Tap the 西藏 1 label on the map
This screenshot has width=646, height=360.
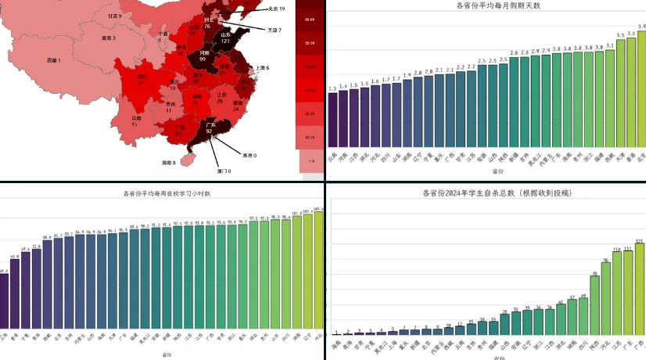[x=53, y=60]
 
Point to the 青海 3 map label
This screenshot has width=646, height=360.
[x=109, y=38]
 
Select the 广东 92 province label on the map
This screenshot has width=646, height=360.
[x=210, y=128]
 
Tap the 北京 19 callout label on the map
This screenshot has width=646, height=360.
[x=276, y=9]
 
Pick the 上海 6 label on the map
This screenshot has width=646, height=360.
[x=259, y=68]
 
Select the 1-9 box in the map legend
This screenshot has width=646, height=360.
[x=311, y=160]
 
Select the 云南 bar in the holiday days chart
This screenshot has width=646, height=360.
[x=333, y=120]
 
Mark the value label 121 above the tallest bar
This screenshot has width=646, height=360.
[x=639, y=241]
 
